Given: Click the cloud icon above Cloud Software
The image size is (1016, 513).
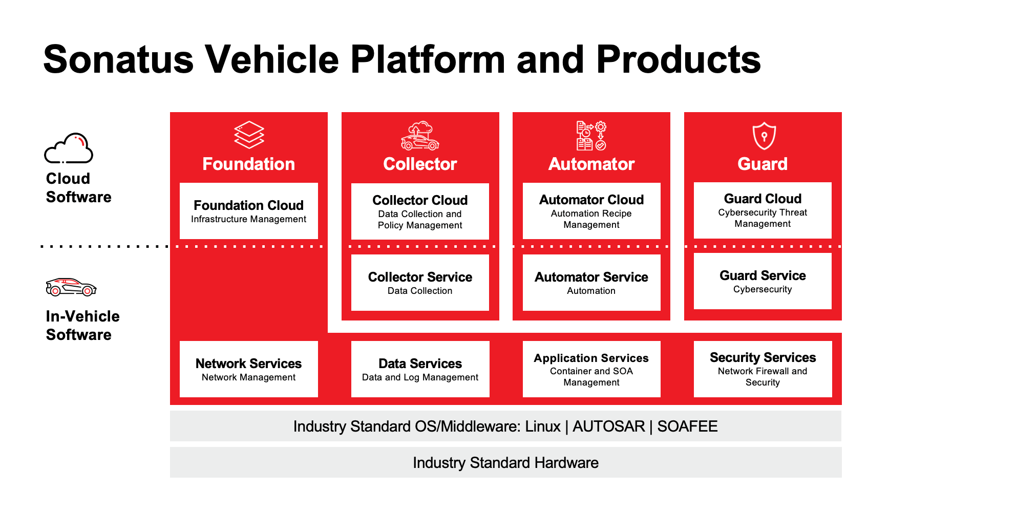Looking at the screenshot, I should pos(69,148).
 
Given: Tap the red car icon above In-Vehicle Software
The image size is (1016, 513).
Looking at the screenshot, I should pos(71,287).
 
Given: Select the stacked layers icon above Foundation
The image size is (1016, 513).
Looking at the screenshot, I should pos(249,135).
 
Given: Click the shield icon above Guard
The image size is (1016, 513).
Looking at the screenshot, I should pos(764,136).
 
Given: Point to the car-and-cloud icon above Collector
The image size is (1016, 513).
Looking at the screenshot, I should pos(420,136).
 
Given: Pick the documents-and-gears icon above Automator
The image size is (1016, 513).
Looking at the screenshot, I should pos(591,136).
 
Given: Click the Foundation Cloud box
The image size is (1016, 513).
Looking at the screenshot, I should pos(249,211).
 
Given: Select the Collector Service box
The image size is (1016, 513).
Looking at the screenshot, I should pos(420,283).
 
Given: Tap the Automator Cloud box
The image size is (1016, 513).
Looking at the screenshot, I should pos(591,211).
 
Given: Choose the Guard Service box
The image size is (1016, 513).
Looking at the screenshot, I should pos(763,282).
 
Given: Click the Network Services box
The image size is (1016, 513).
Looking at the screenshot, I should pos(249,369).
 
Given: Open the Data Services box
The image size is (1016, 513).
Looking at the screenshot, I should pos(420,369).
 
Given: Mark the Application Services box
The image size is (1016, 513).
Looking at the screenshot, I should pos(591,369).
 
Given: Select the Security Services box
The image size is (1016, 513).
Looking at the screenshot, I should pos(763,369).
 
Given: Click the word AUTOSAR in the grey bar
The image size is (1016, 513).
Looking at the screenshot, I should pos(608,426).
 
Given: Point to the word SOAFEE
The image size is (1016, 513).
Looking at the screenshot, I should pos(687,426).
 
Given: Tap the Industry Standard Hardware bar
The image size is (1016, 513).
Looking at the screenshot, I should pos(505,463).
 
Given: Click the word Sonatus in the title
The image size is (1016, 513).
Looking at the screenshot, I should pos(118,60).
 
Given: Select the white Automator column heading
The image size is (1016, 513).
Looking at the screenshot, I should pos(591,164).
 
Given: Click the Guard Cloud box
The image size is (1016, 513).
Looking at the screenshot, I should pos(763,210).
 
